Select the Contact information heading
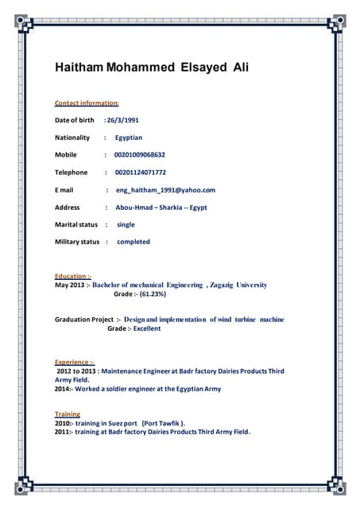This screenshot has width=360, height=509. pos(87,103)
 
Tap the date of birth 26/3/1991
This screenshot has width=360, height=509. pos(124,120)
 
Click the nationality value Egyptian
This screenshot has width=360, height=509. pos(129,138)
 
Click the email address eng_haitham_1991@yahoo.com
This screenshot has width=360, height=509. pos(165,190)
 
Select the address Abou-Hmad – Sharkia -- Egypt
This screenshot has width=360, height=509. pos(161,208)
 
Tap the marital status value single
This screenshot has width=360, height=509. pos(126,225)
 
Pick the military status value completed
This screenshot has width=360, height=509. pos(133,242)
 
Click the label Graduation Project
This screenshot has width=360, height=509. pos(84,320)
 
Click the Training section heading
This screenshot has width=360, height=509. pos(68,414)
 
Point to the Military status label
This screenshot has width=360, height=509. pos(77,242)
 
